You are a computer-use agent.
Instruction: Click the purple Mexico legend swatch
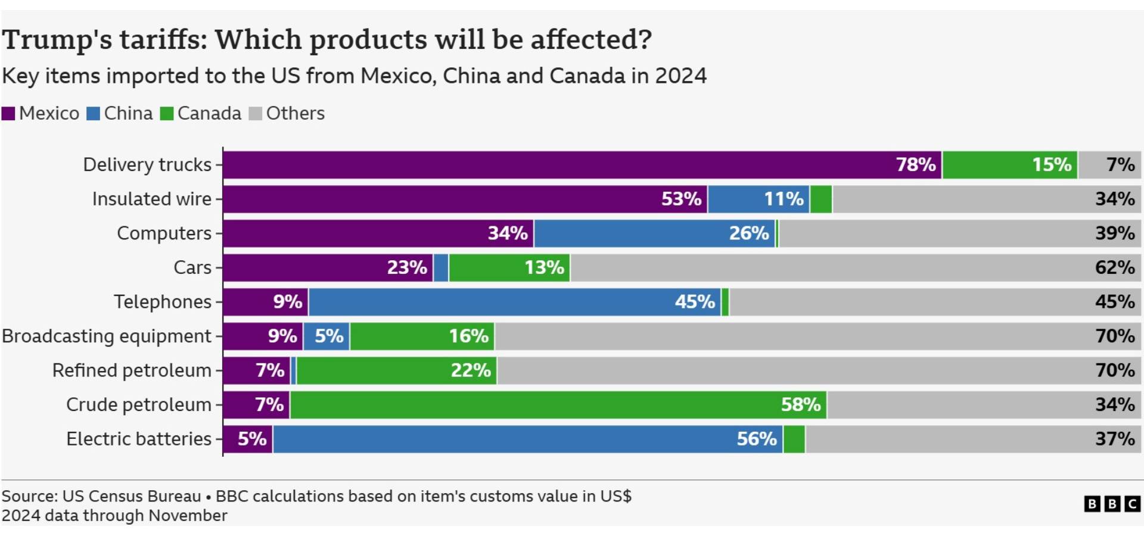[x=8, y=114]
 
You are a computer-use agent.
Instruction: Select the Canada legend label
[x=209, y=113]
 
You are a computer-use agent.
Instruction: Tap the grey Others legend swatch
[x=255, y=114]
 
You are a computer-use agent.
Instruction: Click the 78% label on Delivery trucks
[x=916, y=165]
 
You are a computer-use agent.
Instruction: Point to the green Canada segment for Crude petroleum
[x=558, y=405]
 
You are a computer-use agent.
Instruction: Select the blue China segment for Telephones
[x=515, y=302]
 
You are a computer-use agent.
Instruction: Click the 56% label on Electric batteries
[x=757, y=440]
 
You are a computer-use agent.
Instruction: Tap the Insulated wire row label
[x=152, y=199]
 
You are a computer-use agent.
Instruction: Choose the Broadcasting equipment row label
[x=107, y=336]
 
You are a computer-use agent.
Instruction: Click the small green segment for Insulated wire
[x=821, y=199]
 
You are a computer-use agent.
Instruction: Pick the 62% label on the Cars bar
[x=1115, y=267]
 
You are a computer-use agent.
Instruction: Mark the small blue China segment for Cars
[x=441, y=267]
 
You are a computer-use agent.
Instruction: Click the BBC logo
[x=1112, y=504]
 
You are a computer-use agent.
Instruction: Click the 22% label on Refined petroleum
[x=471, y=370]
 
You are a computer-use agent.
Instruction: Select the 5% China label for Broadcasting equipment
[x=329, y=336]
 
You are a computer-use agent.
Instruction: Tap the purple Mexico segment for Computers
[x=378, y=233]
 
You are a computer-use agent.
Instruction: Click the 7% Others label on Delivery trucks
[x=1121, y=165]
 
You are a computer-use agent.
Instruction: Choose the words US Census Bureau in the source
[x=132, y=496]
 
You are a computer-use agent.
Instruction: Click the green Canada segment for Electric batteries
[x=794, y=440]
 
